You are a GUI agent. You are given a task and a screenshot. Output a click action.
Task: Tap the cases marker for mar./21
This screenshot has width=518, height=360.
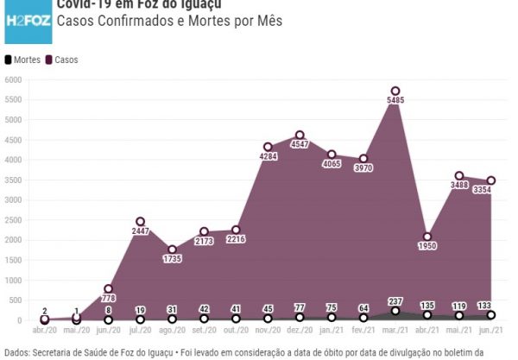click(395, 91)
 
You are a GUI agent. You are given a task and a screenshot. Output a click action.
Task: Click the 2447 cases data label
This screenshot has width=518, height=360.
click(140, 232)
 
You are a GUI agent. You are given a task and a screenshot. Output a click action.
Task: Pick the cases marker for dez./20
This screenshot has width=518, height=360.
click(300, 135)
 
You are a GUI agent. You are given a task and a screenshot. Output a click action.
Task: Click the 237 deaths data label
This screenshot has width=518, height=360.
click(395, 301)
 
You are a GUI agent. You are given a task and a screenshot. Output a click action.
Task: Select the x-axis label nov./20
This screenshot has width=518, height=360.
click(266, 332)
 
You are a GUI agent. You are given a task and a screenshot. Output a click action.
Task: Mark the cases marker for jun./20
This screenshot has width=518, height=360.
click(108, 288)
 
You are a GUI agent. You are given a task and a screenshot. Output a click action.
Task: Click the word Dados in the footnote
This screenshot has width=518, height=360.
click(17, 351)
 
